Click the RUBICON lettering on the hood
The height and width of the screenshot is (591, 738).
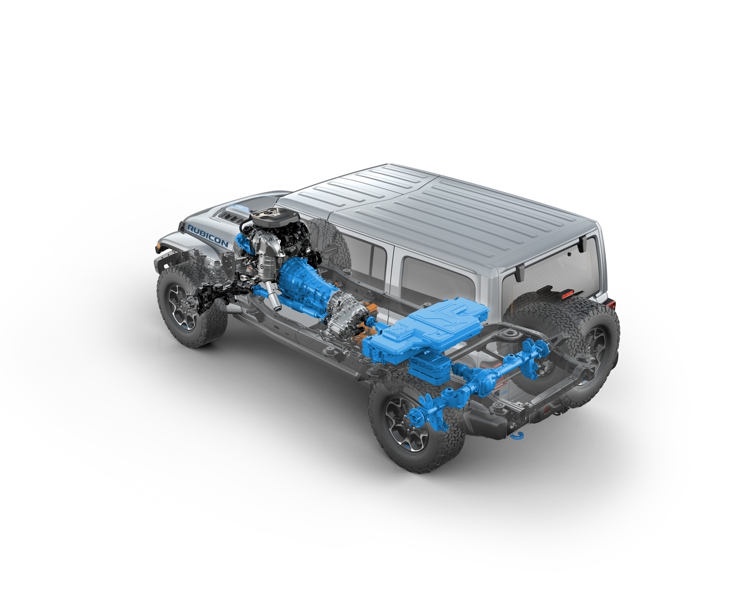(208, 235)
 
